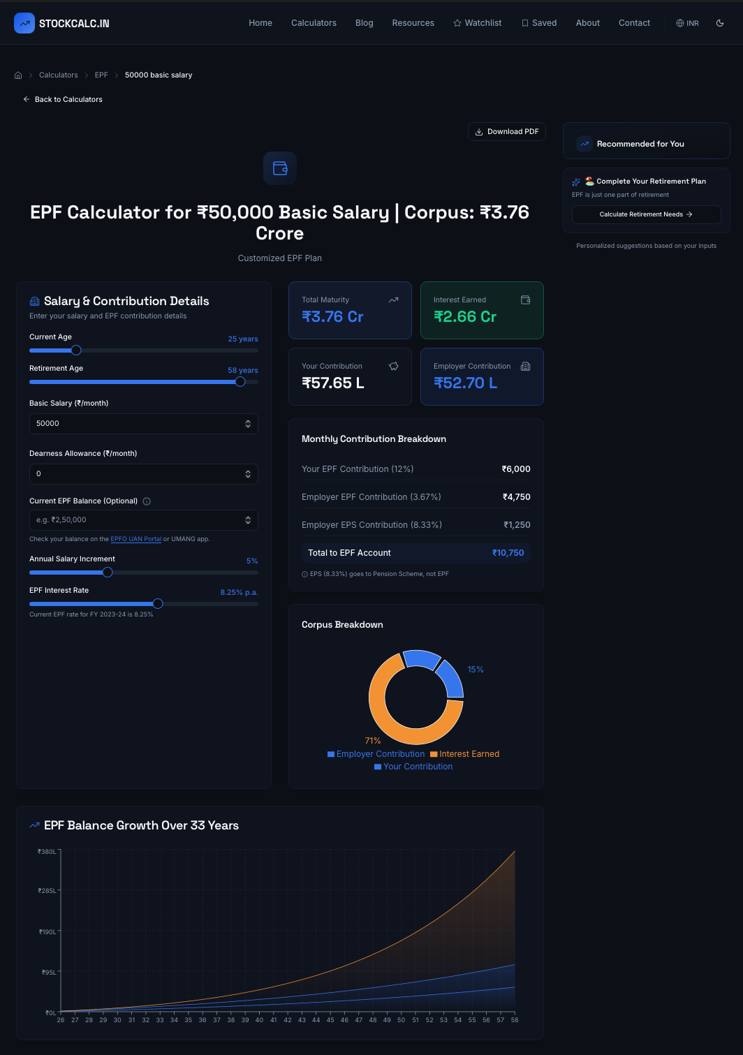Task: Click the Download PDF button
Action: click(506, 132)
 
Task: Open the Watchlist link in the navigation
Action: click(477, 23)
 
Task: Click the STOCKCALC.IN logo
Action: click(62, 23)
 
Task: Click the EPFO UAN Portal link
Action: click(135, 539)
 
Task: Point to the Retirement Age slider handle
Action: click(240, 382)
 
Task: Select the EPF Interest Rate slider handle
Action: click(158, 604)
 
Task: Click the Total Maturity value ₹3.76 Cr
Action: click(332, 317)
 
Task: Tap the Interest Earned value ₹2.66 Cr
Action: click(465, 317)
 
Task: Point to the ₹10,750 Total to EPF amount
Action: click(508, 553)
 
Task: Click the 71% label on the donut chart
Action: click(373, 741)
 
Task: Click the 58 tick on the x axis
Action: click(515, 1020)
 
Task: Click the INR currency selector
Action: click(687, 23)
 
